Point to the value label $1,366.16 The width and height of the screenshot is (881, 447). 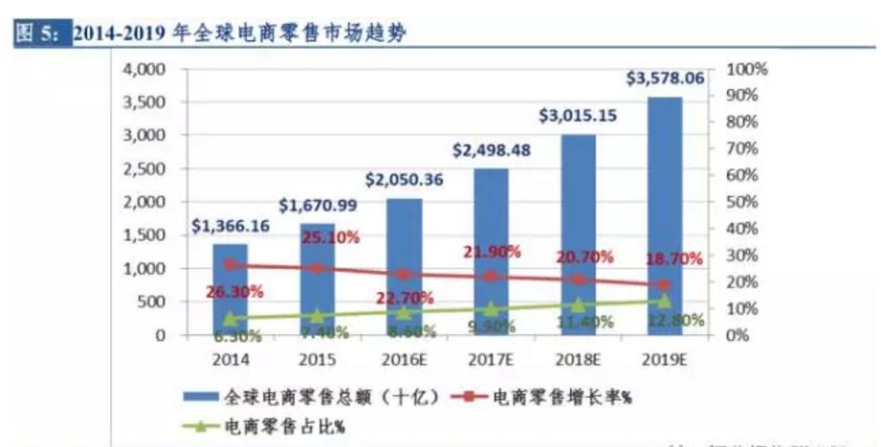pyautogui.click(x=230, y=226)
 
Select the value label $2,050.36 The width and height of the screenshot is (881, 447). pyautogui.click(x=403, y=179)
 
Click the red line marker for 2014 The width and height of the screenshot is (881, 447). pyautogui.click(x=230, y=265)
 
